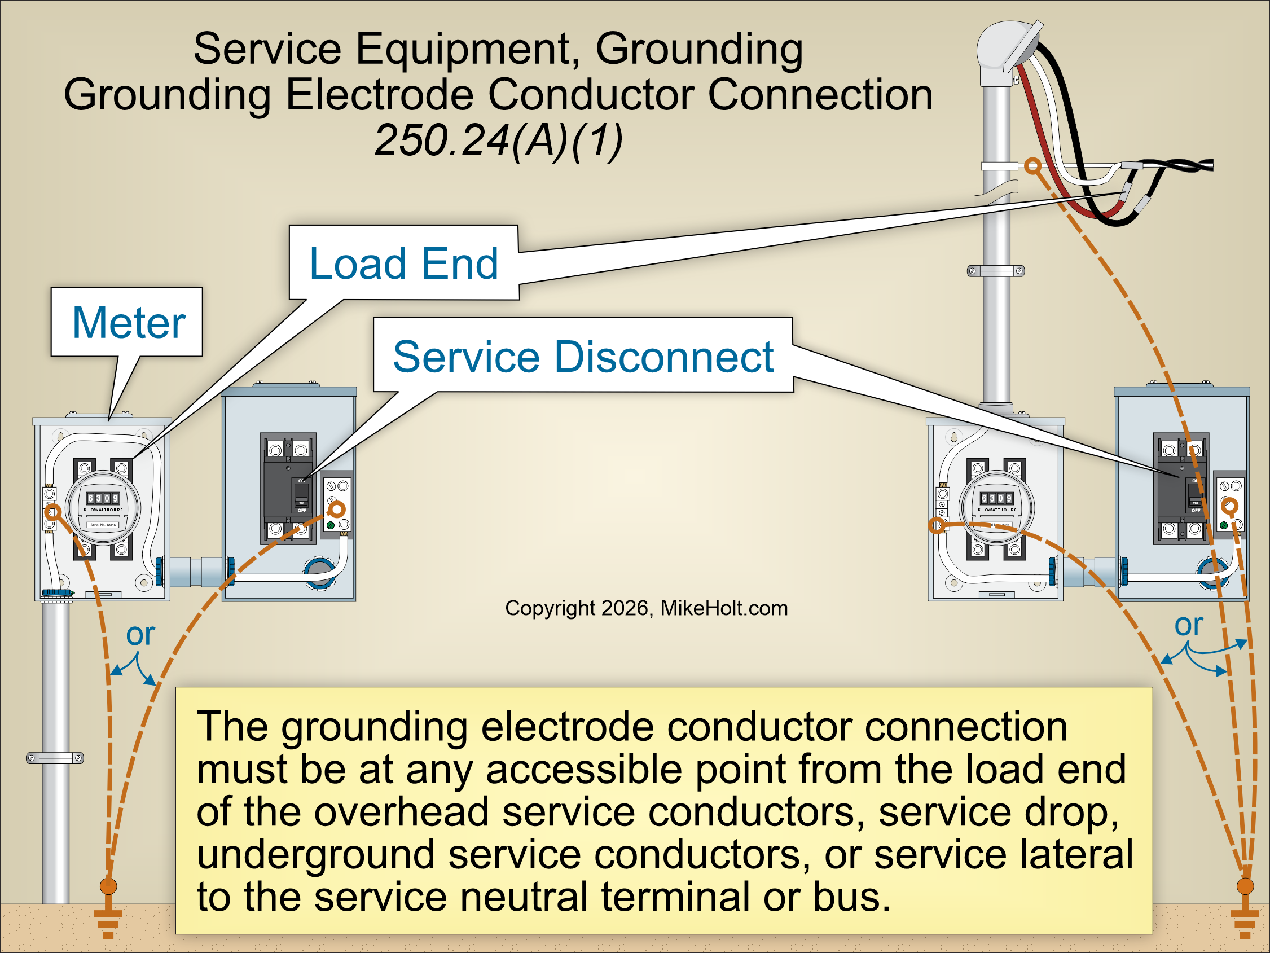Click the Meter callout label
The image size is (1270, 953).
click(x=129, y=323)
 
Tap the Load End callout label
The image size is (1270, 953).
click(x=403, y=263)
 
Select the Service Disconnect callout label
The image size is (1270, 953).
click(x=583, y=357)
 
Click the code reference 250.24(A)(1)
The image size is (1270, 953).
click(x=498, y=140)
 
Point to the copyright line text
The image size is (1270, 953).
click(x=646, y=608)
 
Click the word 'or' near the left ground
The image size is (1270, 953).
click(x=140, y=634)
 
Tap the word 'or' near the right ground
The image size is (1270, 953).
click(x=1188, y=625)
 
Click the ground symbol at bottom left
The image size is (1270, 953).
click(x=108, y=920)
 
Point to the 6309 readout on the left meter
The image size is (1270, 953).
click(x=103, y=498)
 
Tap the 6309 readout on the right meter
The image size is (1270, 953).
click(x=997, y=498)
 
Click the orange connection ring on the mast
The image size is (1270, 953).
click(x=1032, y=166)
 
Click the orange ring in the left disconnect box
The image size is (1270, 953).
click(x=337, y=508)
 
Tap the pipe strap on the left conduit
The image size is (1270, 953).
click(x=55, y=758)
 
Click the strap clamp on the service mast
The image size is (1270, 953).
click(x=996, y=271)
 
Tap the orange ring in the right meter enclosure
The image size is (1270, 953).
click(x=938, y=525)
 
